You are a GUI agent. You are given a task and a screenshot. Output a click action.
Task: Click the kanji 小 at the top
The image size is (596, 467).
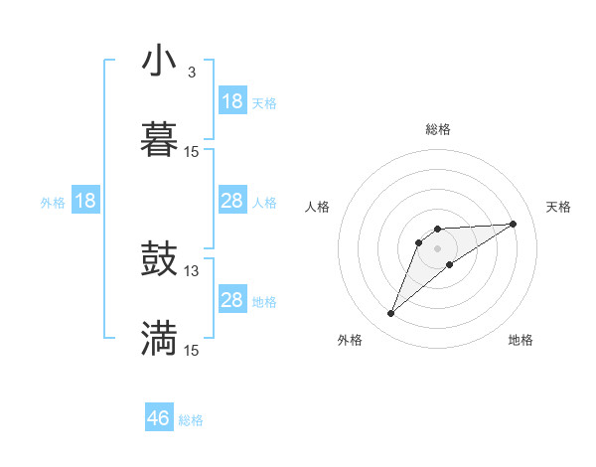(x=159, y=62)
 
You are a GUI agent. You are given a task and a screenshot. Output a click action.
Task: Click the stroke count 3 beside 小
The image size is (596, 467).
(x=191, y=73)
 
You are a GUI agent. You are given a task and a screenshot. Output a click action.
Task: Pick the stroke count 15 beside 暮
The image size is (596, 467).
(x=192, y=151)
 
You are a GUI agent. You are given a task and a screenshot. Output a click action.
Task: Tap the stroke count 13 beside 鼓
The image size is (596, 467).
(x=192, y=271)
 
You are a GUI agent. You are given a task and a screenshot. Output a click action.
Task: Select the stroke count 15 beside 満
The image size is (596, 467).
(x=192, y=350)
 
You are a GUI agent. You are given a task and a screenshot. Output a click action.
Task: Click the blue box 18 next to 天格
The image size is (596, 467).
(x=231, y=101)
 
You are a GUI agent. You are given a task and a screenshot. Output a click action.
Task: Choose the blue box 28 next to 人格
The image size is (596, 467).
(x=231, y=201)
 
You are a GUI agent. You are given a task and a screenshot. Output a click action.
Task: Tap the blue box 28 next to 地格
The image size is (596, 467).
(x=231, y=300)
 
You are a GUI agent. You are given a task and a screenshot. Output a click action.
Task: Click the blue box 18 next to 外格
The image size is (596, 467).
(x=85, y=201)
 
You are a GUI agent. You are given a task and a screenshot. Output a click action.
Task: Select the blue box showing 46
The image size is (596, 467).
(x=159, y=418)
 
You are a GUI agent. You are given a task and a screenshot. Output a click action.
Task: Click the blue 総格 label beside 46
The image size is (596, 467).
(x=191, y=420)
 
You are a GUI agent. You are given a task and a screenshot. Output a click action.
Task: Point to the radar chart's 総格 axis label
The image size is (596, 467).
(x=438, y=129)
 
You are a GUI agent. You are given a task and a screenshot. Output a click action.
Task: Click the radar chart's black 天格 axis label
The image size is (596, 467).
(x=558, y=207)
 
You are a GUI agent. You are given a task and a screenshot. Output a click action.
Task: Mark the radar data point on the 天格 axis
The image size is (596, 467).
(x=514, y=224)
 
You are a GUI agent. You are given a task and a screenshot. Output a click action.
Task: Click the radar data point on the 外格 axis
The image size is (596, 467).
(x=390, y=314)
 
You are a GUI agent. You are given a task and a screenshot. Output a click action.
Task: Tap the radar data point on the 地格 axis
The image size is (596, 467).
(x=450, y=264)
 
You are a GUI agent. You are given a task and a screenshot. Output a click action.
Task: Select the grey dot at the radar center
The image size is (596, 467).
(x=438, y=247)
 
